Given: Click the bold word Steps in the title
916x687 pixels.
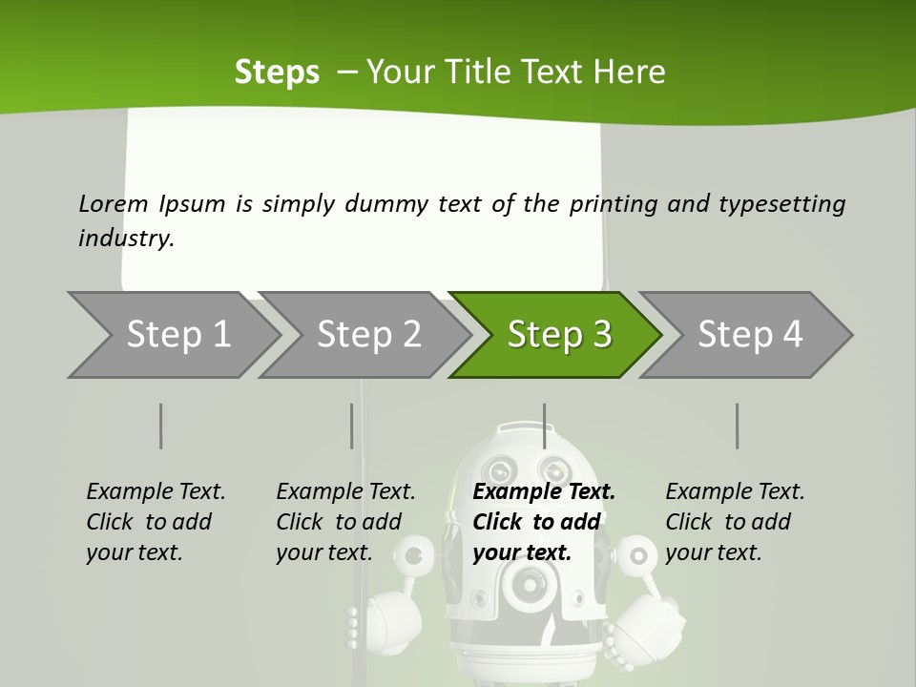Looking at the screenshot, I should click(x=277, y=72).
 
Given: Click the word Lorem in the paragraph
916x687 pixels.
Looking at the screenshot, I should click(x=114, y=204).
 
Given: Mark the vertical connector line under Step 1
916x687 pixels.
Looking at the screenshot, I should click(x=160, y=426).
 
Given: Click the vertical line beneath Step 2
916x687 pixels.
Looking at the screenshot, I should click(x=351, y=426).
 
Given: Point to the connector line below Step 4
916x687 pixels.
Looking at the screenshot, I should click(x=737, y=426).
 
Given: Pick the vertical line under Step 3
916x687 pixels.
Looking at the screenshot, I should click(x=544, y=426).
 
